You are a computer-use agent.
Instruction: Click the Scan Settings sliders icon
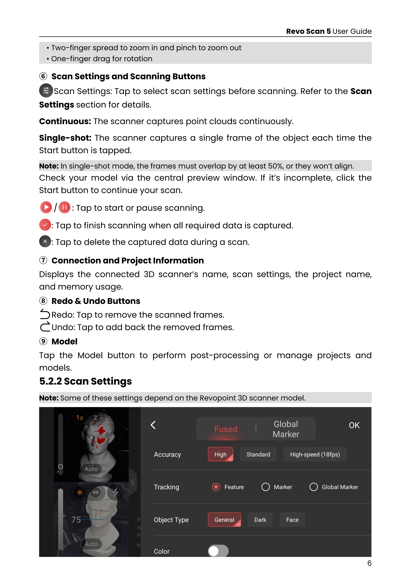[x=46, y=91]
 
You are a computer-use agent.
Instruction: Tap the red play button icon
[x=46, y=207]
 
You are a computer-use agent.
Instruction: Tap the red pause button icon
[x=65, y=207]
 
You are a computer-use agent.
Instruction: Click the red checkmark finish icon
[x=45, y=225]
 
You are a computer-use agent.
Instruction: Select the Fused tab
[x=226, y=429]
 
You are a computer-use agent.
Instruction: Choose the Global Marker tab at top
[x=286, y=429]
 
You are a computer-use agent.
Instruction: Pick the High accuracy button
[x=220, y=454]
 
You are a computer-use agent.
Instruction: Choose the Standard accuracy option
[x=258, y=454]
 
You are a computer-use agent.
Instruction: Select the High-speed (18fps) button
[x=315, y=454]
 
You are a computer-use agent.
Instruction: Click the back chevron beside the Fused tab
[x=153, y=425]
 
